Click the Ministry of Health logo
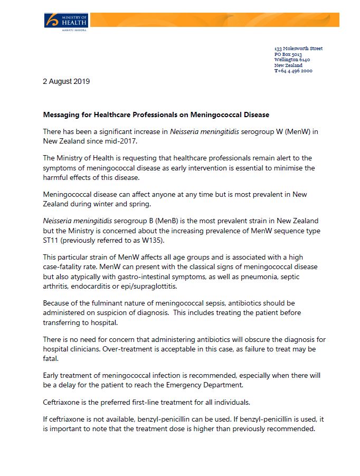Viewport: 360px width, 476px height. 65,22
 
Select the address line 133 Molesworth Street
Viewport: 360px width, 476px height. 298,49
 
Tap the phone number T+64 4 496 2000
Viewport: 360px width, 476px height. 293,71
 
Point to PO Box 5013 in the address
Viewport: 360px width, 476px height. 288,54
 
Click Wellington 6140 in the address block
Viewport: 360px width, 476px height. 292,60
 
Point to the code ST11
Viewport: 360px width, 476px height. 50,241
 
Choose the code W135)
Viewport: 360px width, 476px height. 154,241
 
